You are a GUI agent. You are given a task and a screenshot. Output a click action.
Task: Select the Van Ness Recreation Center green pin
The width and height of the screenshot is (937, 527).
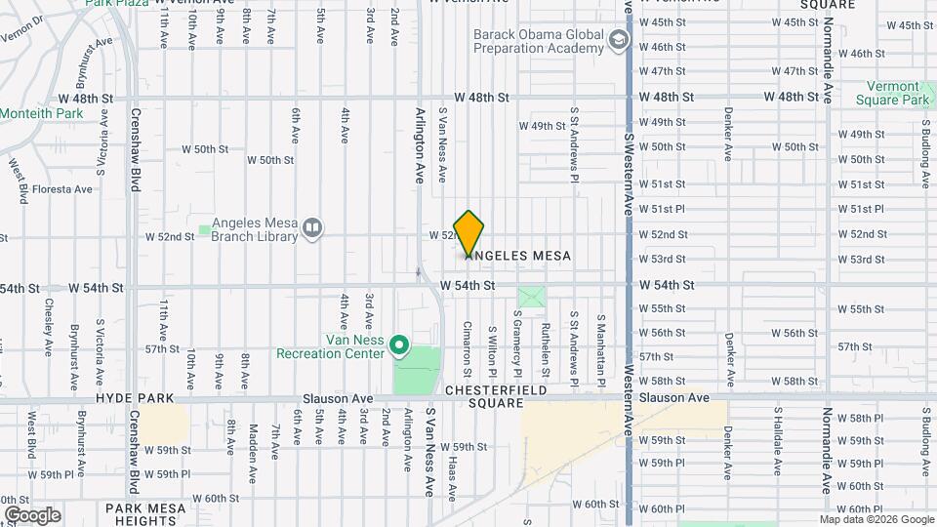(x=398, y=345)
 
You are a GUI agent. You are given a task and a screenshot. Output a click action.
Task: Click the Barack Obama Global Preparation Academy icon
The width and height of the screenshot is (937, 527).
(x=617, y=40)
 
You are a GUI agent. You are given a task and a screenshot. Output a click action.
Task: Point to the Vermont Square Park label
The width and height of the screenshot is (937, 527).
(x=893, y=93)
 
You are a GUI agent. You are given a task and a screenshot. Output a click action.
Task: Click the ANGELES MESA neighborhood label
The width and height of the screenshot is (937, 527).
(x=518, y=256)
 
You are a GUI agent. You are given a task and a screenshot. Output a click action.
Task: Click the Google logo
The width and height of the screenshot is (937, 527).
(x=32, y=514)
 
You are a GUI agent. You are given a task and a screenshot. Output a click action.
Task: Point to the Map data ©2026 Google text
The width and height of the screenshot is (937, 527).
(x=877, y=519)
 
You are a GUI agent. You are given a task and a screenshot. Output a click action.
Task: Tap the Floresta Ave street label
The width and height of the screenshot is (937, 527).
(x=63, y=189)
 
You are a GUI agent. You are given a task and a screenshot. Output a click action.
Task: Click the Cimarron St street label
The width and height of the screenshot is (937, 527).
(x=468, y=348)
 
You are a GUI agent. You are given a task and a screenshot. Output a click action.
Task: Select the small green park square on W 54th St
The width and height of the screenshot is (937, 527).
(x=531, y=297)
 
